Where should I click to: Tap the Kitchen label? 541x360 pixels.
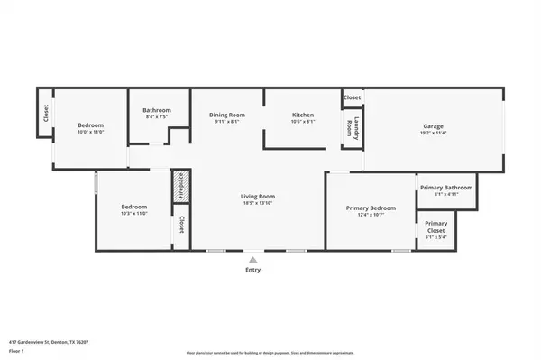[302, 115]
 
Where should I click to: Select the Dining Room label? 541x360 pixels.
[227, 115]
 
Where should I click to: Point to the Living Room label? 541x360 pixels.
[257, 197]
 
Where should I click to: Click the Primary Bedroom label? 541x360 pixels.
[371, 208]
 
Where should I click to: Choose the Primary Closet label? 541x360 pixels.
[436, 226]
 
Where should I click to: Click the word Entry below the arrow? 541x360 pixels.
[252, 270]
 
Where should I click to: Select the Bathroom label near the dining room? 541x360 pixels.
[157, 111]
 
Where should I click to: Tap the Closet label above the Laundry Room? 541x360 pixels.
[352, 97]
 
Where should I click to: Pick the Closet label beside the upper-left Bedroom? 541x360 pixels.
[45, 113]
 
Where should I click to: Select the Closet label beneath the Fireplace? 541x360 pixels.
[181, 224]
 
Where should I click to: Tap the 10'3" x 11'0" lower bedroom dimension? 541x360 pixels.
[133, 214]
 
